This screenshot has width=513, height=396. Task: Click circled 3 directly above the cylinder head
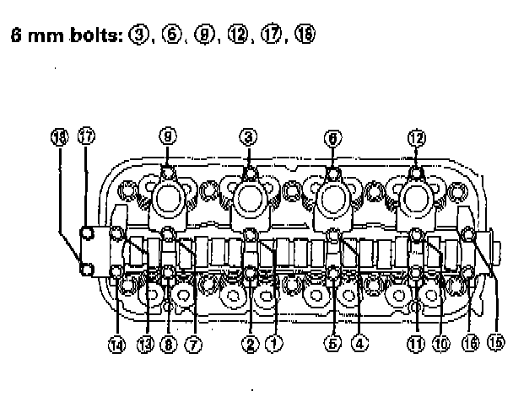pyautogui.click(x=249, y=136)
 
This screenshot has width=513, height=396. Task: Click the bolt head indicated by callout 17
pyautogui.click(x=87, y=233)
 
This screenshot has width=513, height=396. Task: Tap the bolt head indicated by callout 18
pyautogui.click(x=87, y=269)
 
